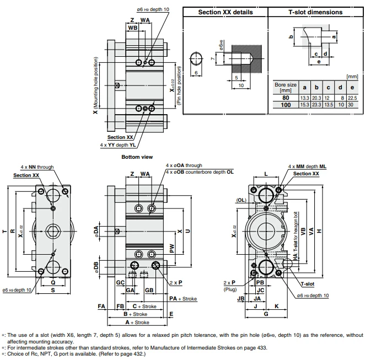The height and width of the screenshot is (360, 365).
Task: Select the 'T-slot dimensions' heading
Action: (315, 12)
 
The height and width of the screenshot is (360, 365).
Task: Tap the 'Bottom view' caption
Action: (137, 157)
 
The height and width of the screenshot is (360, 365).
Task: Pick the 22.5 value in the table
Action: (353, 98)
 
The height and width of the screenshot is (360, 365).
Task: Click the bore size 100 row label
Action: (286, 105)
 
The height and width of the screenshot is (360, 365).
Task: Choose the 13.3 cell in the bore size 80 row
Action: (305, 98)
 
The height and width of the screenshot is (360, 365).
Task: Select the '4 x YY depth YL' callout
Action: (118, 145)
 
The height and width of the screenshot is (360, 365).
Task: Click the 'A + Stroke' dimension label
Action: (137, 322)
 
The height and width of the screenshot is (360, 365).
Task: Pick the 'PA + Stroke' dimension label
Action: (183, 298)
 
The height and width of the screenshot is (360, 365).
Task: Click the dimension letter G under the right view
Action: (265, 314)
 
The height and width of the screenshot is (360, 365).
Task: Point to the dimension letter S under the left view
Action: (53, 289)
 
